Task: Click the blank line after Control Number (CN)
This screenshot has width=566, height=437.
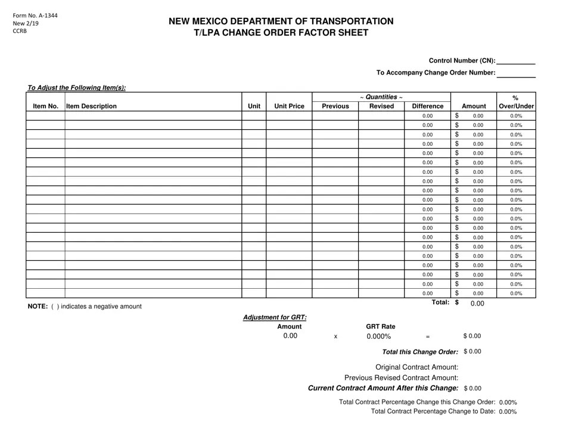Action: coord(516,61)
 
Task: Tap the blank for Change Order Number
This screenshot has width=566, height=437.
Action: coord(516,74)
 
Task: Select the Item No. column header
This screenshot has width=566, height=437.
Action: coord(45,107)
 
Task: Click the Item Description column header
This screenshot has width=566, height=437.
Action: coord(92,107)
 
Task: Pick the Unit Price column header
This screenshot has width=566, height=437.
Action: coord(289,107)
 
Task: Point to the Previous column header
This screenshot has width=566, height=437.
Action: coord(335,107)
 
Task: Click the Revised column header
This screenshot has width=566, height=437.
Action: coord(381,107)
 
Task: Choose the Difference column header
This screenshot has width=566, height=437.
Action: coord(427,107)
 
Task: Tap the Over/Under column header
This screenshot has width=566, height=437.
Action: coord(516,107)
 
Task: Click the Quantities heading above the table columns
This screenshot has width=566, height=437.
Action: coord(381,97)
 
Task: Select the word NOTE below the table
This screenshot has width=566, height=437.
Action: coord(38,307)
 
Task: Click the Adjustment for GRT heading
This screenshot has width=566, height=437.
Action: coord(275,317)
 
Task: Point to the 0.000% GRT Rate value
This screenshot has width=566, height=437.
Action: coord(379,336)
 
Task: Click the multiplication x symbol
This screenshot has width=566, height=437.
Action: coord(335,337)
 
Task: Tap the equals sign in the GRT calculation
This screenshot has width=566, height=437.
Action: coord(427,337)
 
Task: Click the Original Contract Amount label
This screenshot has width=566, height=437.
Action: coord(417,367)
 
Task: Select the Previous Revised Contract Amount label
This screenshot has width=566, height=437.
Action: coord(402,377)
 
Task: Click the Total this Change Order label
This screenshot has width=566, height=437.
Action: coord(420,352)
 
